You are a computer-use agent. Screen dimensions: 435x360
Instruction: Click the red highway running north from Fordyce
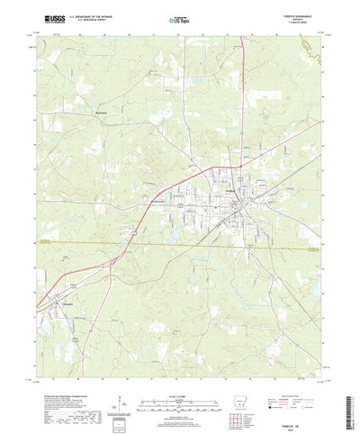[247, 108]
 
